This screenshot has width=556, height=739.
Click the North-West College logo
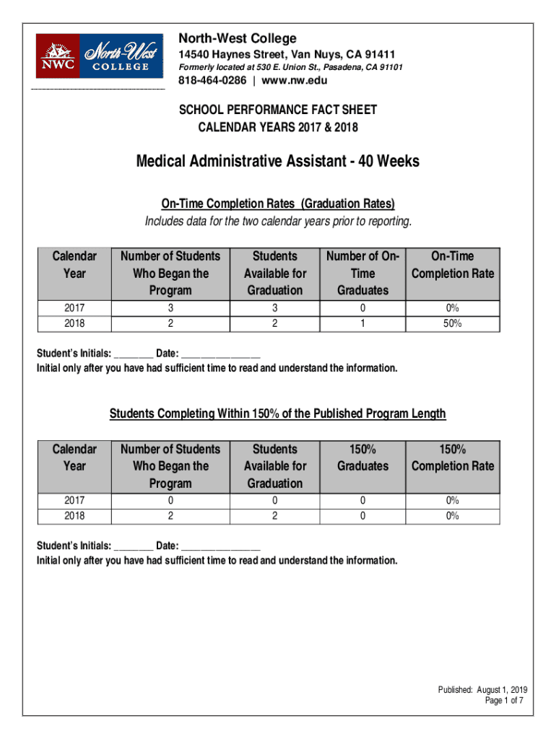click(x=100, y=56)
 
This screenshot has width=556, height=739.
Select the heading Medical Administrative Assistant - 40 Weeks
click(x=278, y=162)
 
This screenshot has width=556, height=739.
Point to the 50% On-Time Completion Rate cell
click(x=453, y=323)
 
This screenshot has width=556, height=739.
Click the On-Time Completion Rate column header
click(x=453, y=265)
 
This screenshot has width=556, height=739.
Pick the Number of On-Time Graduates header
click(x=362, y=274)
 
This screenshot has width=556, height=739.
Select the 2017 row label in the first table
click(x=74, y=308)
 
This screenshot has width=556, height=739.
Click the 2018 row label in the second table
click(x=74, y=515)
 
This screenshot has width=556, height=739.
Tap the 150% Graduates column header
click(x=362, y=458)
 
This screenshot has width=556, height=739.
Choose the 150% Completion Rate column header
click(x=453, y=458)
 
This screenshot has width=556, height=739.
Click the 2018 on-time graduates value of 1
click(x=362, y=323)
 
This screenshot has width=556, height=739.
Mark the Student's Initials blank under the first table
click(x=133, y=355)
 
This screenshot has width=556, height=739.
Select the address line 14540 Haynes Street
click(x=287, y=55)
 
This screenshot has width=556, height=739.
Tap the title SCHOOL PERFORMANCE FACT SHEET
click(x=278, y=110)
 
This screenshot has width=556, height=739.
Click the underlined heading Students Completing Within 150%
click(x=278, y=414)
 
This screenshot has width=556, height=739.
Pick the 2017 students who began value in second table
click(x=170, y=500)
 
